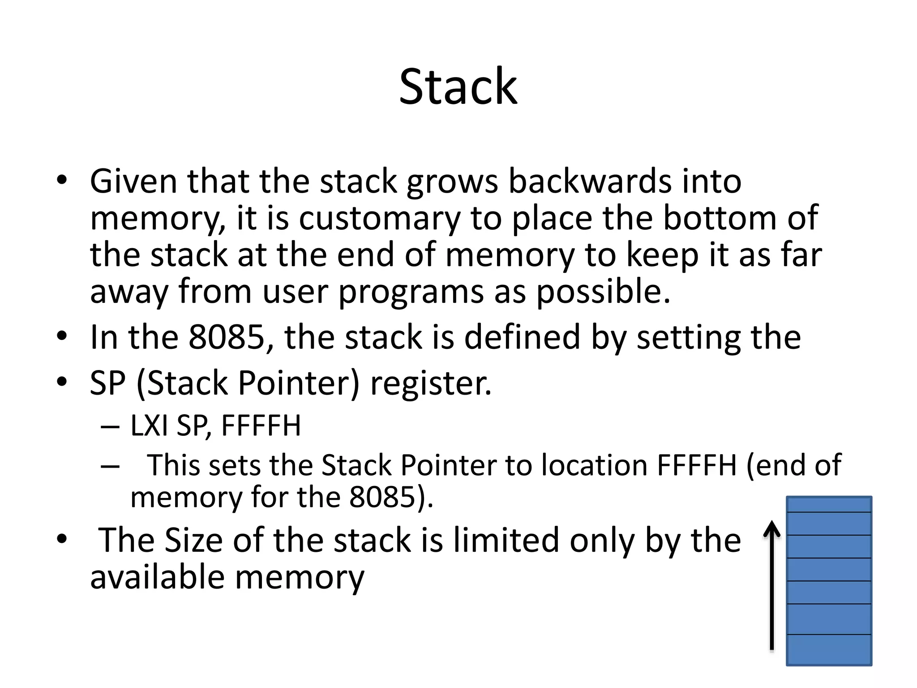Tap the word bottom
719,219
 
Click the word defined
522,337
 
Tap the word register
431,383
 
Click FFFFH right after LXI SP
261,426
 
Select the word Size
193,540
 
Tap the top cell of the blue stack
829,504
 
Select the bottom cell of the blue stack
829,649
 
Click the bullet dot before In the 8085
62,336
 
